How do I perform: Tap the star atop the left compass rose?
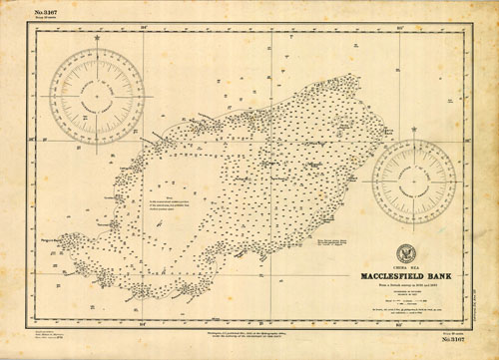[x=97, y=49]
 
